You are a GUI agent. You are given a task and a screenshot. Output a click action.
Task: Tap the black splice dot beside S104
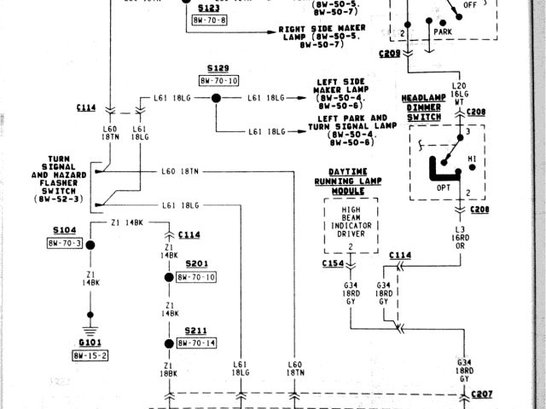(x=89, y=245)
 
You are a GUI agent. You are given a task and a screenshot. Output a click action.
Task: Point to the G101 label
(x=88, y=343)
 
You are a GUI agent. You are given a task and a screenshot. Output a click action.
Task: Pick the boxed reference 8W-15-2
(x=89, y=354)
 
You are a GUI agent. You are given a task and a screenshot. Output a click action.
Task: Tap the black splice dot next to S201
(x=169, y=278)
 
